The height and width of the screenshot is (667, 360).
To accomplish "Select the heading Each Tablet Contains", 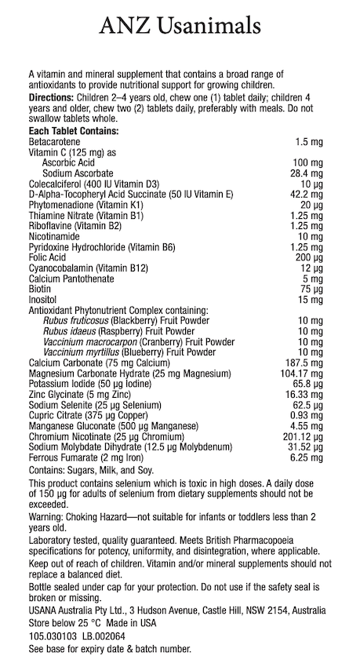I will point(73,130).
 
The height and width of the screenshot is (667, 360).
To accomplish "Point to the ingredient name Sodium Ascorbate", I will point(78,173).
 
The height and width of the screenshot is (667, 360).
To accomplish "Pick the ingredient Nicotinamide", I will point(54,235).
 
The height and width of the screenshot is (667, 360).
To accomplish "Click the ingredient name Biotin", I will point(38,288).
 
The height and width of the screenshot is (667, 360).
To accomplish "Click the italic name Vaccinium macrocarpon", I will point(93,342).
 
